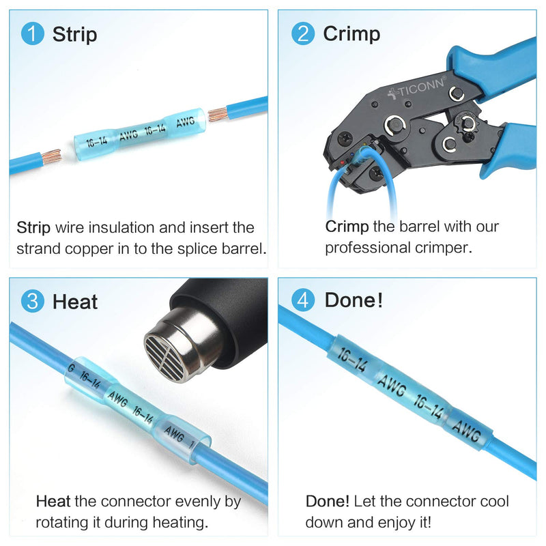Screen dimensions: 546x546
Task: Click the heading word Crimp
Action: tap(351, 34)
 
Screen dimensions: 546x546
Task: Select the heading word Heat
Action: tap(75, 301)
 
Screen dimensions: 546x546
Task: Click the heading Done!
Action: tap(354, 301)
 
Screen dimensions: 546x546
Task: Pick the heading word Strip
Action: tap(74, 34)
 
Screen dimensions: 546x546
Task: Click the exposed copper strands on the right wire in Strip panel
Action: tap(218, 113)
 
